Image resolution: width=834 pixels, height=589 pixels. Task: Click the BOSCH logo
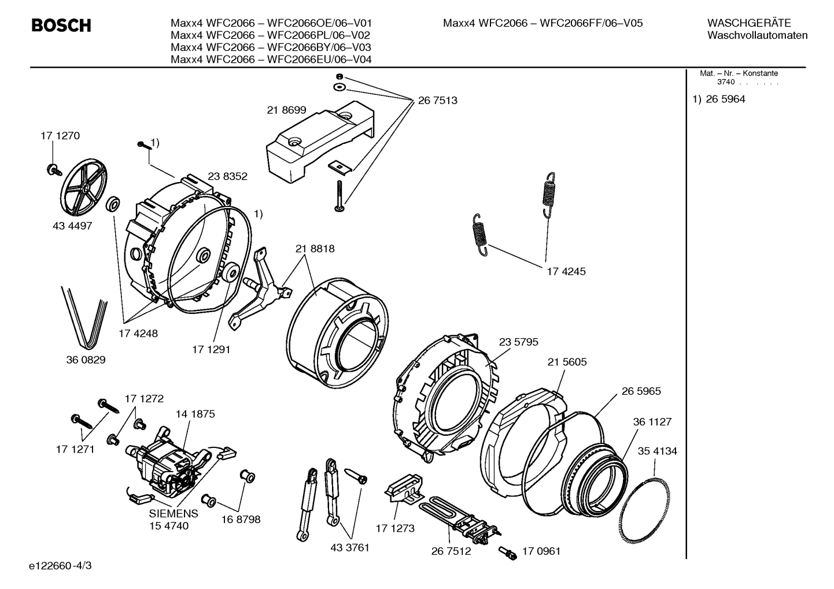(x=61, y=25)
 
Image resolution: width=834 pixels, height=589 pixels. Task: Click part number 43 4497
(x=72, y=226)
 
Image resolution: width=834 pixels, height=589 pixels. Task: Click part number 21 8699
(x=286, y=110)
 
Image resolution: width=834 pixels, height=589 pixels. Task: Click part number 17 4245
(x=566, y=271)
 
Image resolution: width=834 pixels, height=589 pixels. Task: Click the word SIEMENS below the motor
(x=174, y=513)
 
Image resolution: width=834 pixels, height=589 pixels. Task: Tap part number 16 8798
(x=241, y=519)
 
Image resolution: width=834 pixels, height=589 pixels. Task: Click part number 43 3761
(x=350, y=547)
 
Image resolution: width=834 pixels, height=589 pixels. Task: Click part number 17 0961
(x=541, y=551)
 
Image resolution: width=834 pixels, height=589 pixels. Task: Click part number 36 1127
(x=652, y=422)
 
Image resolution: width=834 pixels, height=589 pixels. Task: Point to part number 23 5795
(x=518, y=342)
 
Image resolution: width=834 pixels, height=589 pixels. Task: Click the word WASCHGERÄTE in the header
(x=748, y=23)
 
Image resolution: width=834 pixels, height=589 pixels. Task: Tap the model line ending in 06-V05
(x=543, y=23)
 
